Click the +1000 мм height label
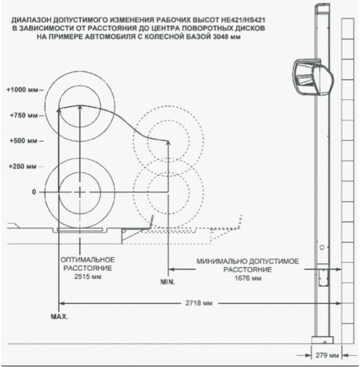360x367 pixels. pos(22,90)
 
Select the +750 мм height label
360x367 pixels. pos(24,115)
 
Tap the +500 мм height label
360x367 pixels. pos(24,141)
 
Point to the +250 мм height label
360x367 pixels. pos(23,167)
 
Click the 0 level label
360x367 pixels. pos(34,192)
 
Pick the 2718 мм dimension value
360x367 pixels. pos(199,303)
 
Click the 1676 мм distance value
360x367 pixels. pos(248,278)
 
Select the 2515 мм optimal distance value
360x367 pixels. pos(87,277)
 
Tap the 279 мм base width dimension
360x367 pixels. pos(327,355)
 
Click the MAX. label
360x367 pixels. pos(60,316)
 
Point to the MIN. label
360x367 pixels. pos(168,282)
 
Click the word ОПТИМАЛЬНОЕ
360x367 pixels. pos(87,260)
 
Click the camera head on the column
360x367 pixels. pos(313,77)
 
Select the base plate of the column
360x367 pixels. pos(323,340)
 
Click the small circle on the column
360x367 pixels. pos(322,247)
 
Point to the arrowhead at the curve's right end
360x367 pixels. pos(168,142)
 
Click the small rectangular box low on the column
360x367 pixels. pos(323,277)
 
